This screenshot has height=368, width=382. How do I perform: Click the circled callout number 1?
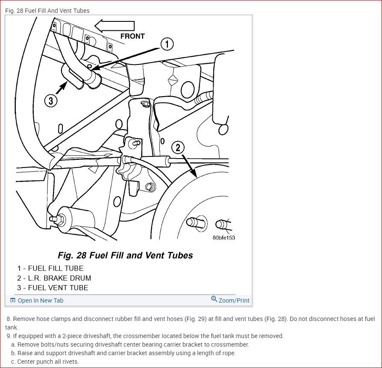tap(167, 44)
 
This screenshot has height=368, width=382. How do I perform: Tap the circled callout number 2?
tap(178, 148)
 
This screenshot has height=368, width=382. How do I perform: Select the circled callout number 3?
tap(51, 101)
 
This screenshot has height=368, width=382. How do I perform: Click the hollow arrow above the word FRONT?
tap(115, 26)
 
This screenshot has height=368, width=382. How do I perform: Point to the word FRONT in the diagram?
tap(132, 36)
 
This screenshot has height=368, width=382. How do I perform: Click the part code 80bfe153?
tap(223, 238)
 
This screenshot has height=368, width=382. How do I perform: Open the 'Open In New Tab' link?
tap(40, 300)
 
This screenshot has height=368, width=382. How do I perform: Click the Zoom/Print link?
tap(234, 300)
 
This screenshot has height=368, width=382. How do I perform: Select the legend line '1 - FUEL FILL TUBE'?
tap(50, 268)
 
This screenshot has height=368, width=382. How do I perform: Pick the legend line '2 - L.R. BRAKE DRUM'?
tap(54, 278)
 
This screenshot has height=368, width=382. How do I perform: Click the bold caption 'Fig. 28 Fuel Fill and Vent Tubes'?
tap(125, 256)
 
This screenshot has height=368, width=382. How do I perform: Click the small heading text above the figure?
tap(47, 11)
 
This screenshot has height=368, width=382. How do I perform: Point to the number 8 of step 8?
tap(9, 319)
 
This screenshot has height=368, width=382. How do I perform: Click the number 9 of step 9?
tap(9, 336)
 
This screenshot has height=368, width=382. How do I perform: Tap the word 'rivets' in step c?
tap(69, 362)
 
